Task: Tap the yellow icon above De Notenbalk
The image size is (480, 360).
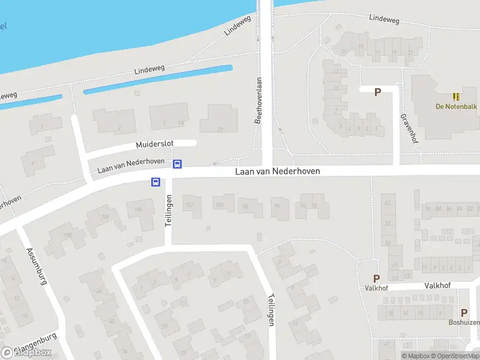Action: [x=455, y=96]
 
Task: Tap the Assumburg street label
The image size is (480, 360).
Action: [x=37, y=266]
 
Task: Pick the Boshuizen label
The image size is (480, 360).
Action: [x=464, y=322]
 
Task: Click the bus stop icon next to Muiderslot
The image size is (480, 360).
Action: [x=178, y=164]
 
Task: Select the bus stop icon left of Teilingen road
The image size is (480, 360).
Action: [x=155, y=182]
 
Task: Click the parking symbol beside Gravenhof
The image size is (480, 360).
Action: [x=378, y=92]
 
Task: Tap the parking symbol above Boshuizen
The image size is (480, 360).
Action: [x=464, y=313]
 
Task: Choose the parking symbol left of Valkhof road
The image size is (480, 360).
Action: [x=377, y=278]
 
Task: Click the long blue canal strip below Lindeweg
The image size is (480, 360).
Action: [x=157, y=79]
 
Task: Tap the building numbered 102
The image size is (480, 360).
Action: [x=191, y=206]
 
